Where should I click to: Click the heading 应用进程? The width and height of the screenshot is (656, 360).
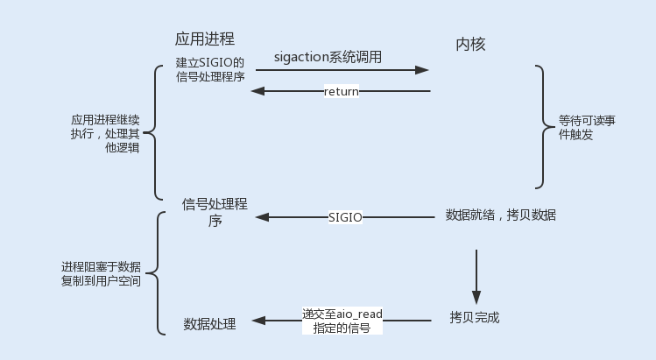click(x=205, y=39)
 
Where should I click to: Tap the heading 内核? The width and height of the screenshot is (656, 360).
click(x=470, y=45)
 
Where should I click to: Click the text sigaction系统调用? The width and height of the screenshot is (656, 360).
click(x=328, y=56)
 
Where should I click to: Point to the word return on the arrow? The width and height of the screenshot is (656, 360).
click(x=342, y=91)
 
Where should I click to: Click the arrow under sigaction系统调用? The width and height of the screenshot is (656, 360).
click(x=342, y=71)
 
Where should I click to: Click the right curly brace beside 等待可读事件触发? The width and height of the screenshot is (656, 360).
click(x=546, y=127)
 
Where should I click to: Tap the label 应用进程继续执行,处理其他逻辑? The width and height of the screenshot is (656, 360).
click(x=104, y=133)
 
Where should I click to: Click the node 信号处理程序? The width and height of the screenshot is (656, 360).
click(x=214, y=212)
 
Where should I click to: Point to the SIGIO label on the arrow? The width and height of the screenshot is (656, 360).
click(x=345, y=215)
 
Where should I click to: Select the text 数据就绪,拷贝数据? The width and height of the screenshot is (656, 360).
click(x=501, y=215)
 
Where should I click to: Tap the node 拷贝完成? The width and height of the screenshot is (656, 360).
click(x=474, y=317)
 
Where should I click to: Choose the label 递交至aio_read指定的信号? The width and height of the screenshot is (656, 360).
click(x=342, y=321)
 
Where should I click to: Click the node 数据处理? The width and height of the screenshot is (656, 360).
click(x=209, y=323)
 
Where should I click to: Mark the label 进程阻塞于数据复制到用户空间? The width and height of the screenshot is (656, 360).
click(x=101, y=273)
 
